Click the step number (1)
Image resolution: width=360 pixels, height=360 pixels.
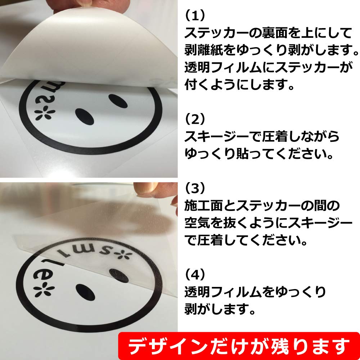pyautogui.click(x=195, y=15)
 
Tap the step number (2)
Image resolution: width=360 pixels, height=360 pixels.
pyautogui.click(x=195, y=118)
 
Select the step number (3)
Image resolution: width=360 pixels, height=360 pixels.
pyautogui.click(x=195, y=188)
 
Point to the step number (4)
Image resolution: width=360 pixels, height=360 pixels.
pyautogui.click(x=195, y=274)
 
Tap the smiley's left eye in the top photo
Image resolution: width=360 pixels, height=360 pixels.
pyautogui.click(x=85, y=115)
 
